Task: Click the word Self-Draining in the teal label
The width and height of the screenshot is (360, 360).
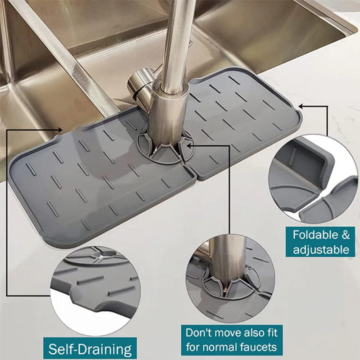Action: [x=90, y=349]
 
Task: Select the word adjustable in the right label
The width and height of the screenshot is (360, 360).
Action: [x=321, y=249]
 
